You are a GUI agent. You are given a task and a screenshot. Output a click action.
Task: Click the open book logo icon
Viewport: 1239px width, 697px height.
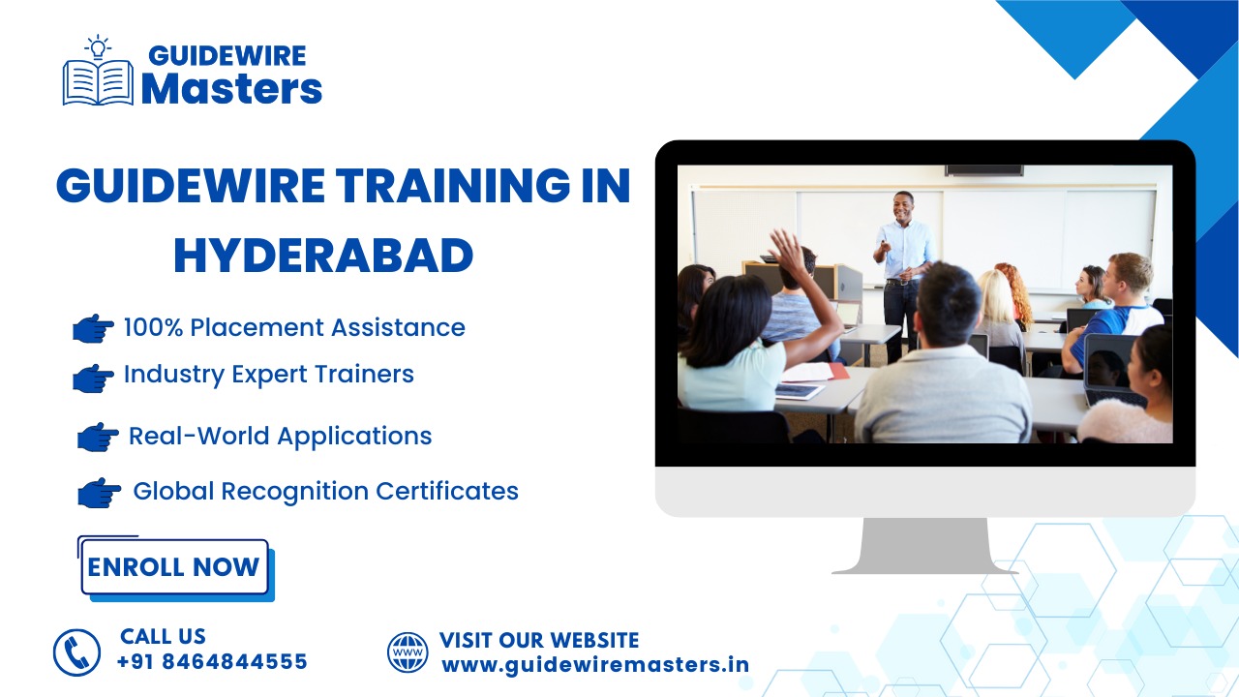click(x=98, y=83)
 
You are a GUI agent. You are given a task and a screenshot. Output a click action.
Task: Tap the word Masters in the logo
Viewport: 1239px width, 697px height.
click(x=231, y=88)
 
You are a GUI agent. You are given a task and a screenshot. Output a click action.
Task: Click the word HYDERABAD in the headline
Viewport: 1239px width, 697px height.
click(x=323, y=256)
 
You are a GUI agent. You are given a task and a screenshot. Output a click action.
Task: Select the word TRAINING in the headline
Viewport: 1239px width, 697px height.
click(x=452, y=185)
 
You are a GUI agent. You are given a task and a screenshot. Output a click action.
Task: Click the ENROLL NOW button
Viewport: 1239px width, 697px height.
click(x=175, y=567)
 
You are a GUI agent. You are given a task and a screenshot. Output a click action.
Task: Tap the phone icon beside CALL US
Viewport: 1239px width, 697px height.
click(x=76, y=652)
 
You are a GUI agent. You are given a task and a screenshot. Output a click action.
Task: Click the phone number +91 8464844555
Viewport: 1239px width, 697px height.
click(x=212, y=661)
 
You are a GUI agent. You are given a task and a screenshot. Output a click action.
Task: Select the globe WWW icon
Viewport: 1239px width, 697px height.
click(x=408, y=652)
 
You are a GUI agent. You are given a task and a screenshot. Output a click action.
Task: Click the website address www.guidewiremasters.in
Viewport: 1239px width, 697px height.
click(x=595, y=665)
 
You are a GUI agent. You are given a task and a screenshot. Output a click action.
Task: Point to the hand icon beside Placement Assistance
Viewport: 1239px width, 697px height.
click(x=93, y=328)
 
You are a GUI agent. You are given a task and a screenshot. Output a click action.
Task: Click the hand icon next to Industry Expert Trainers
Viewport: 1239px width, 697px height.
click(x=93, y=379)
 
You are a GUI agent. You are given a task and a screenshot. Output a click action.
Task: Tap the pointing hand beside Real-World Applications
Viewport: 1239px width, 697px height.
click(x=98, y=437)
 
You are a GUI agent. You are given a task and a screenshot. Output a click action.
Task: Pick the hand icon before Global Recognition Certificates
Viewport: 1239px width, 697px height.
click(x=99, y=493)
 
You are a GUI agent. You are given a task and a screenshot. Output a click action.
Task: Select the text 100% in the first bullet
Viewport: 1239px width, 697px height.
click(x=153, y=327)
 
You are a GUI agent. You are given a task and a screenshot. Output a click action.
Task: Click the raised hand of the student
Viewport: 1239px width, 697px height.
click(x=787, y=252)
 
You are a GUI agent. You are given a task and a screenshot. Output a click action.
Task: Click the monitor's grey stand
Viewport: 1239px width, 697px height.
click(x=924, y=546)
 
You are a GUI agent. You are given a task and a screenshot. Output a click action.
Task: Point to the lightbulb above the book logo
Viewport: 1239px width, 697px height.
click(x=98, y=46)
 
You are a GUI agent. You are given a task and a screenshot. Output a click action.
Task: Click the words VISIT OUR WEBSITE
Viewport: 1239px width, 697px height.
click(x=539, y=640)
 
